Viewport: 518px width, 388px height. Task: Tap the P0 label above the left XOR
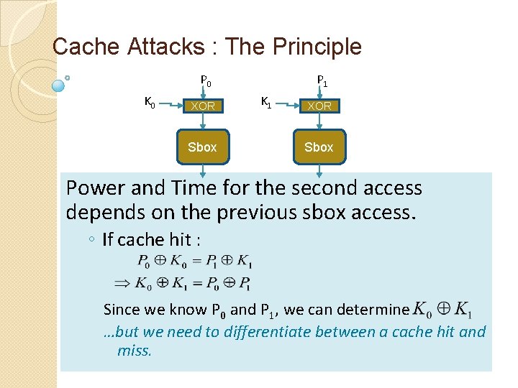(x=205, y=81)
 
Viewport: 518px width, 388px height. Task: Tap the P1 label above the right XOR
(x=322, y=81)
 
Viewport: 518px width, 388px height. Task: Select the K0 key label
(x=150, y=103)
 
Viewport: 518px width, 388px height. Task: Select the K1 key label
(x=266, y=103)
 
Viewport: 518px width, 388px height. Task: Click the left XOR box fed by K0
(x=202, y=106)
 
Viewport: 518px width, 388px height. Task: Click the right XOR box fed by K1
(x=319, y=106)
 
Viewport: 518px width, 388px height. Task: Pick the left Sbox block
(x=202, y=147)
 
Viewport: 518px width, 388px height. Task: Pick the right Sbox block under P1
(x=319, y=147)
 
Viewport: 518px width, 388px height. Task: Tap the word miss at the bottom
(x=134, y=351)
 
